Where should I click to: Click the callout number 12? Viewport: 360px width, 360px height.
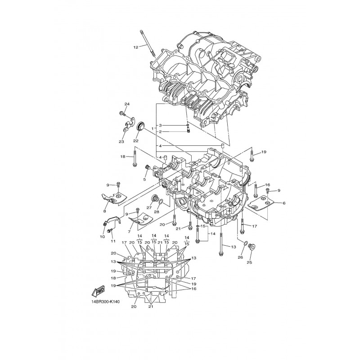pos(136,47)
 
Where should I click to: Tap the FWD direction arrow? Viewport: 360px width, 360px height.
pos(98,291)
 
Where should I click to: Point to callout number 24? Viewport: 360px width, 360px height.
pos(127,104)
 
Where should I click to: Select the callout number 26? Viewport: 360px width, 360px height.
pos(240,257)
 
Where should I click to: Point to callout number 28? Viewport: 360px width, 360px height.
pos(156,212)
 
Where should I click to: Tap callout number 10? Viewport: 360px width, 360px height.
pos(103,237)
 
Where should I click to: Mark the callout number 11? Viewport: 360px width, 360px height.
pos(112,241)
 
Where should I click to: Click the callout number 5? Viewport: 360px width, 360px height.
pos(144,179)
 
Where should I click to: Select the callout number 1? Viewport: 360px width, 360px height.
pos(152,128)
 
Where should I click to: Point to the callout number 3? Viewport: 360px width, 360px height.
pos(161,126)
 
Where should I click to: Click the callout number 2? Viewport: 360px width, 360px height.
pos(161,132)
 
